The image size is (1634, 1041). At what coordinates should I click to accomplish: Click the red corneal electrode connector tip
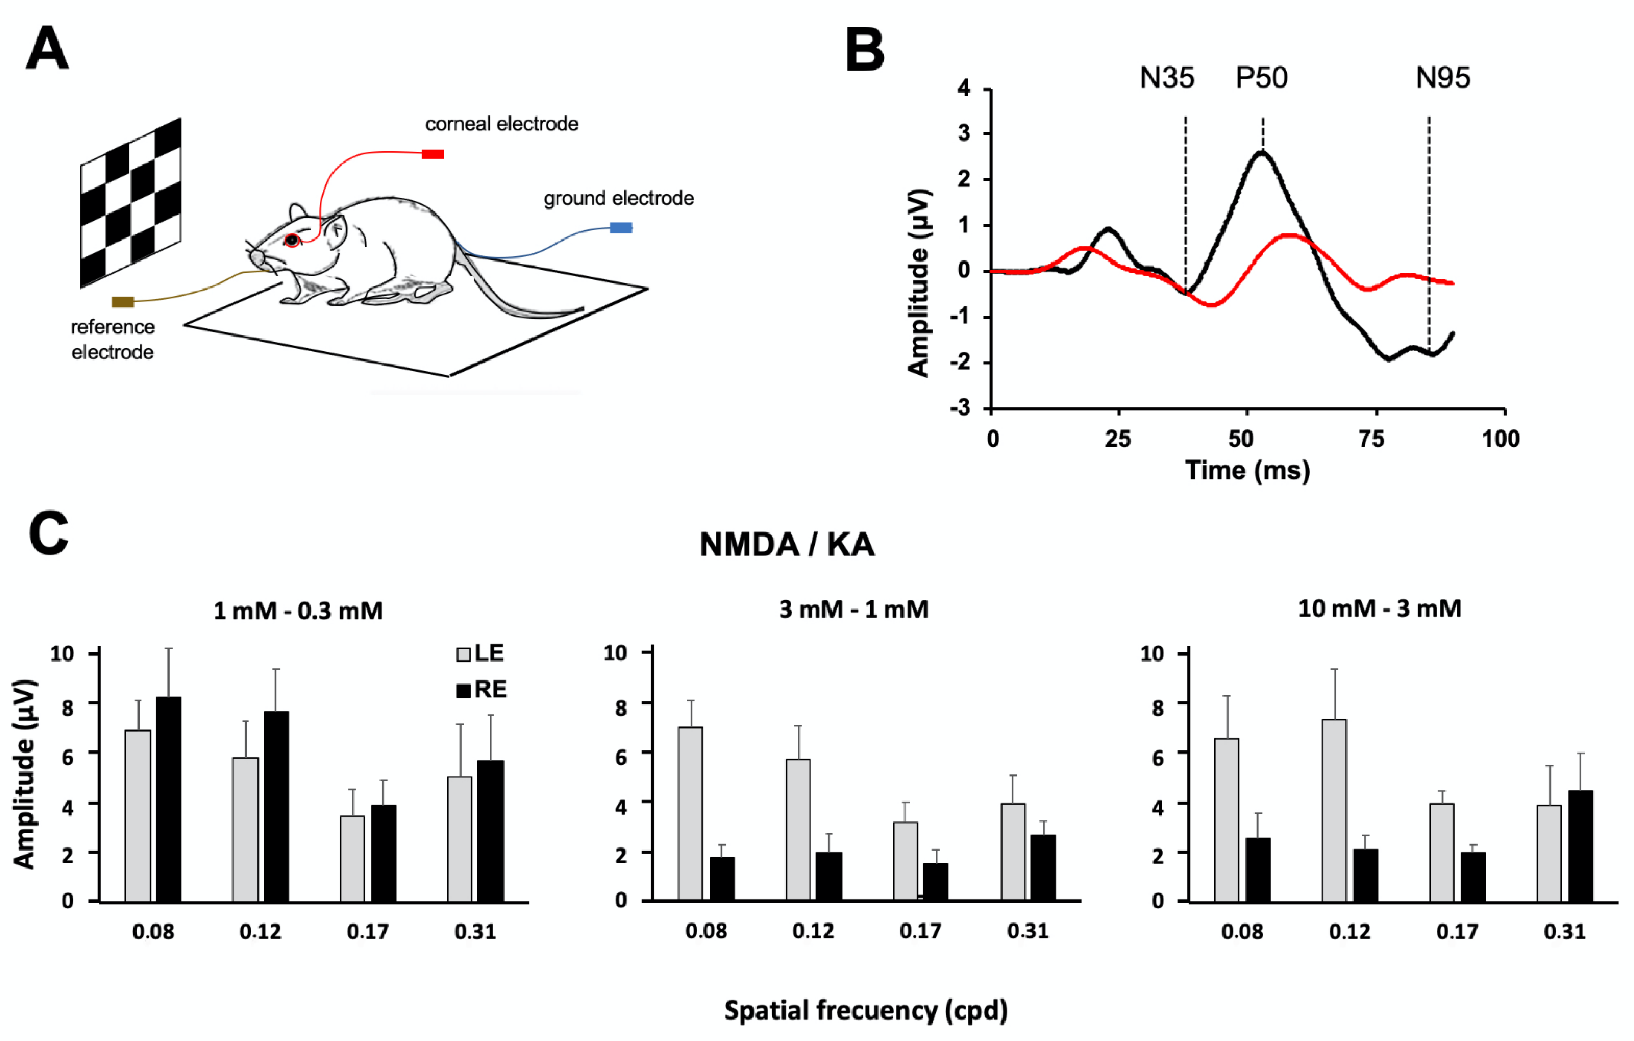pos(433,155)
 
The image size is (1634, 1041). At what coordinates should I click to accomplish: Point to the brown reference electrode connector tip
pos(123,302)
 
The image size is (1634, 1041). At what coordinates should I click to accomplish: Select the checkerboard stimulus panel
pos(131,202)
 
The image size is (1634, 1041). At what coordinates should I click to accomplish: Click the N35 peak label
pos(1167,78)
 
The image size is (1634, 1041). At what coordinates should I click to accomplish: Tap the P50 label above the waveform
pos(1261,78)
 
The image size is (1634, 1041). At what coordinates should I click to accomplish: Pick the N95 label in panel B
pos(1443,78)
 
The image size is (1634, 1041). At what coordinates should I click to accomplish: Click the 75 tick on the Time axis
pos(1371,439)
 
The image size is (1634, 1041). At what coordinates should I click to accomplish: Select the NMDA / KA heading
pos(787,544)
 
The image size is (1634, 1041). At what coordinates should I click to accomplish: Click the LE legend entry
pos(481,654)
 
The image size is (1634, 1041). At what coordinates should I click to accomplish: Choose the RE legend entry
pos(482,690)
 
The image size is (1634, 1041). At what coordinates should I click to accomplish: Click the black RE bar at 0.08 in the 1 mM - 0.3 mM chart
pos(169,799)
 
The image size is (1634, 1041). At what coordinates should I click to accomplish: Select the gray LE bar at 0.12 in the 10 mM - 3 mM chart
pos(1334,810)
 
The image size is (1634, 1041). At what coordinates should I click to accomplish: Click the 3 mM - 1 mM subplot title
pos(853,609)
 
